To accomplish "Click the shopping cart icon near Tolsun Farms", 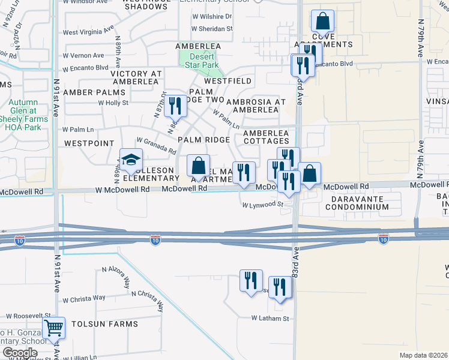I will coord(54,328).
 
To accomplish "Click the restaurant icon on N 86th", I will coord(175,106).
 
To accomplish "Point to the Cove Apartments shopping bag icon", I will coord(322,22).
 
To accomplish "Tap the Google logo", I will coord(19,353).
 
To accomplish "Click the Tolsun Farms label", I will coord(104,324).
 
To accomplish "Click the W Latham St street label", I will coord(270,318).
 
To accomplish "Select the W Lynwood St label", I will coord(262,205).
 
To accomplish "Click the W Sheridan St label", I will coord(212,28).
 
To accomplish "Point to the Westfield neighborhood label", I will coord(228,80).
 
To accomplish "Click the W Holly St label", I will coord(114,103).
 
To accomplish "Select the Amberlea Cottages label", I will coord(266,137).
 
